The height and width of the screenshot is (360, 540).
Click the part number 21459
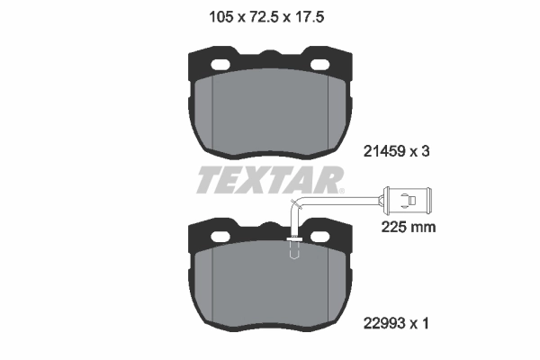pyautogui.click(x=387, y=153)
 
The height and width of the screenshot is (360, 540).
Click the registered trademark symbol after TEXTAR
pyautogui.click(x=342, y=189)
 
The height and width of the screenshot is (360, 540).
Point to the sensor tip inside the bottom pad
pyautogui.click(x=293, y=252)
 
